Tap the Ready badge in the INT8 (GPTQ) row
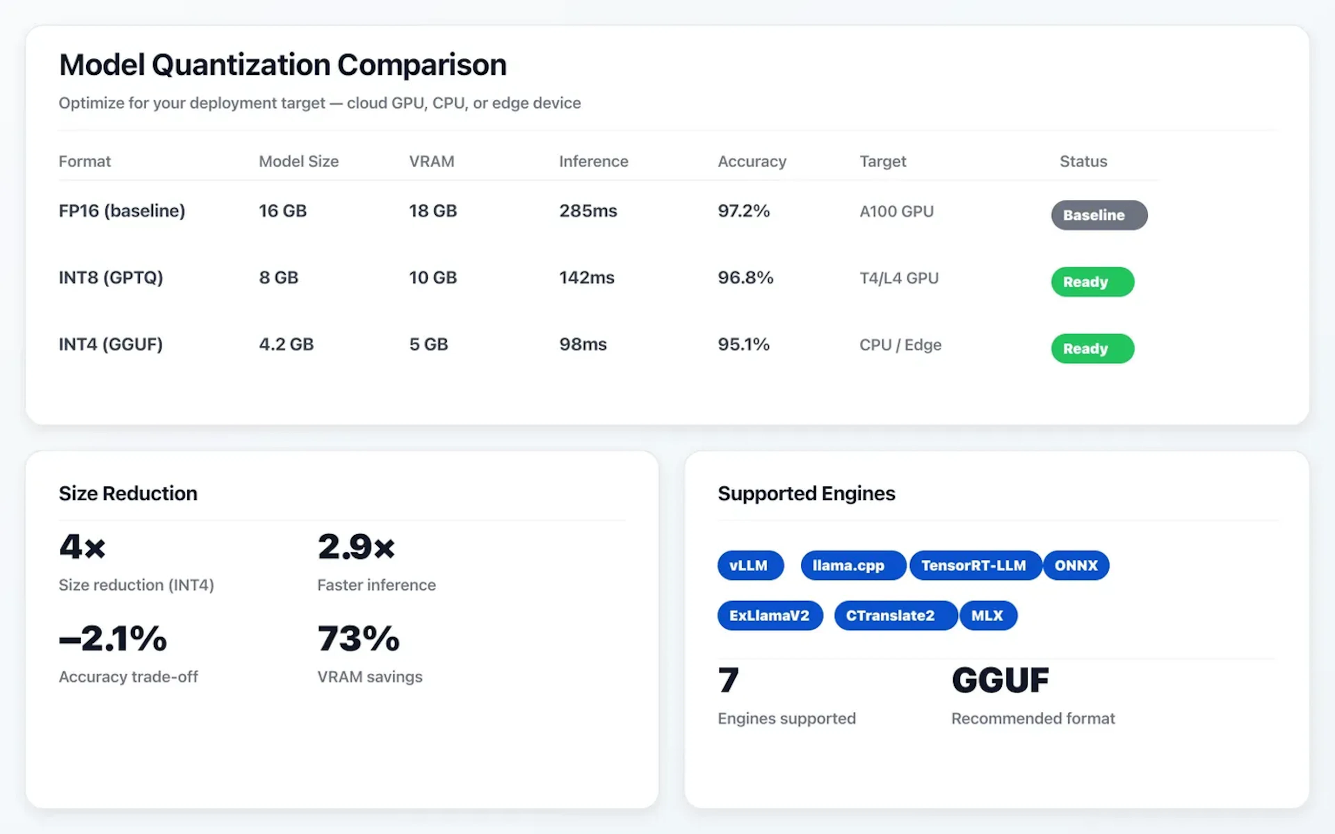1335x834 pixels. pyautogui.click(x=1092, y=282)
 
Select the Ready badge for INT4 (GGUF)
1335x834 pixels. pyautogui.click(x=1092, y=349)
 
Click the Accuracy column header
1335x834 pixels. pyautogui.click(x=751, y=162)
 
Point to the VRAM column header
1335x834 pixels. pyautogui.click(x=431, y=162)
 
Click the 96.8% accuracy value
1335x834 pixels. pyautogui.click(x=745, y=277)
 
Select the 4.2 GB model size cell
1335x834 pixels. pyautogui.click(x=286, y=344)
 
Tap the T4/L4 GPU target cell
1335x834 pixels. pyautogui.click(x=899, y=278)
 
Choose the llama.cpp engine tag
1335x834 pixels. pyautogui.click(x=848, y=565)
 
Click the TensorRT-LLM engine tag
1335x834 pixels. pyautogui.click(x=974, y=565)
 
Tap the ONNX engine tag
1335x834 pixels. pyautogui.click(x=1076, y=565)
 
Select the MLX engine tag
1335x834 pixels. pyautogui.click(x=987, y=615)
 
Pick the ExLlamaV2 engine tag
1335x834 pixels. pyautogui.click(x=769, y=615)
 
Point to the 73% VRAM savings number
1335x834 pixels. pyautogui.click(x=358, y=639)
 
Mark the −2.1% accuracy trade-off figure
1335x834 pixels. pyautogui.click(x=113, y=639)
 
